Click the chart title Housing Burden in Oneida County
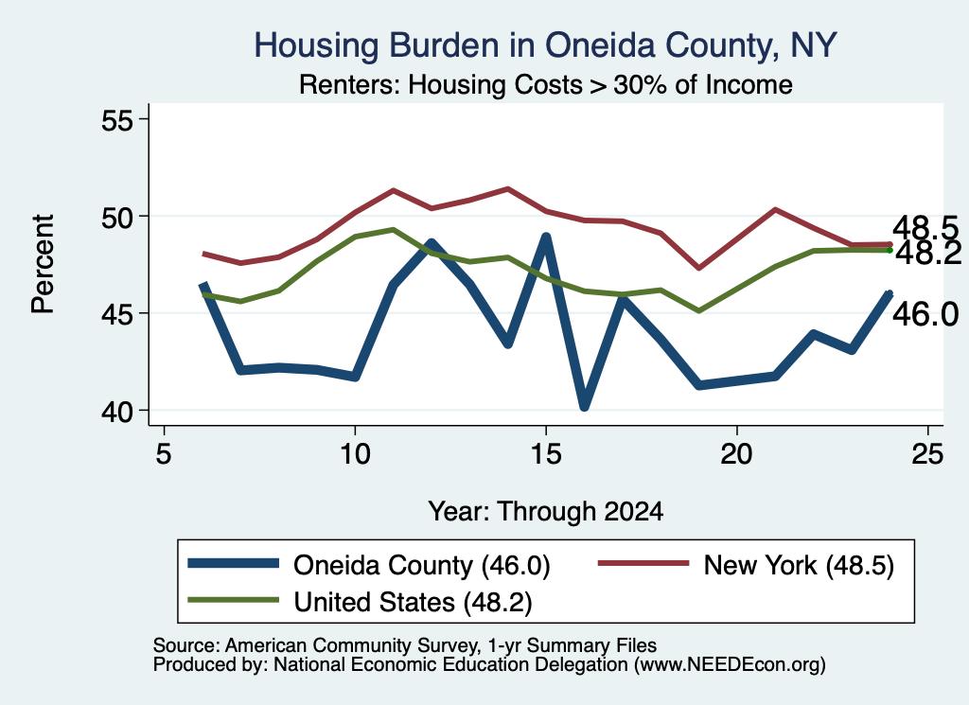coord(545,46)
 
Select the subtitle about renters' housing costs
coord(546,84)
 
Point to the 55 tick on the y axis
coord(117,120)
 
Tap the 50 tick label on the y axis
coord(117,217)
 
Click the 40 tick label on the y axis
coord(117,411)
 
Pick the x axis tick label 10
coord(355,454)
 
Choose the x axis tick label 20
coord(736,454)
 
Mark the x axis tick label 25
coord(927,454)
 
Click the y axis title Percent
coord(44,264)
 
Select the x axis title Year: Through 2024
coord(546,512)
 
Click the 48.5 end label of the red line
coord(925,228)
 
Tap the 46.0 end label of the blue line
coord(925,314)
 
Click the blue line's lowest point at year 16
coord(584,406)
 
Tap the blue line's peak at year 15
coord(546,237)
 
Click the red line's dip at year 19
coord(699,268)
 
